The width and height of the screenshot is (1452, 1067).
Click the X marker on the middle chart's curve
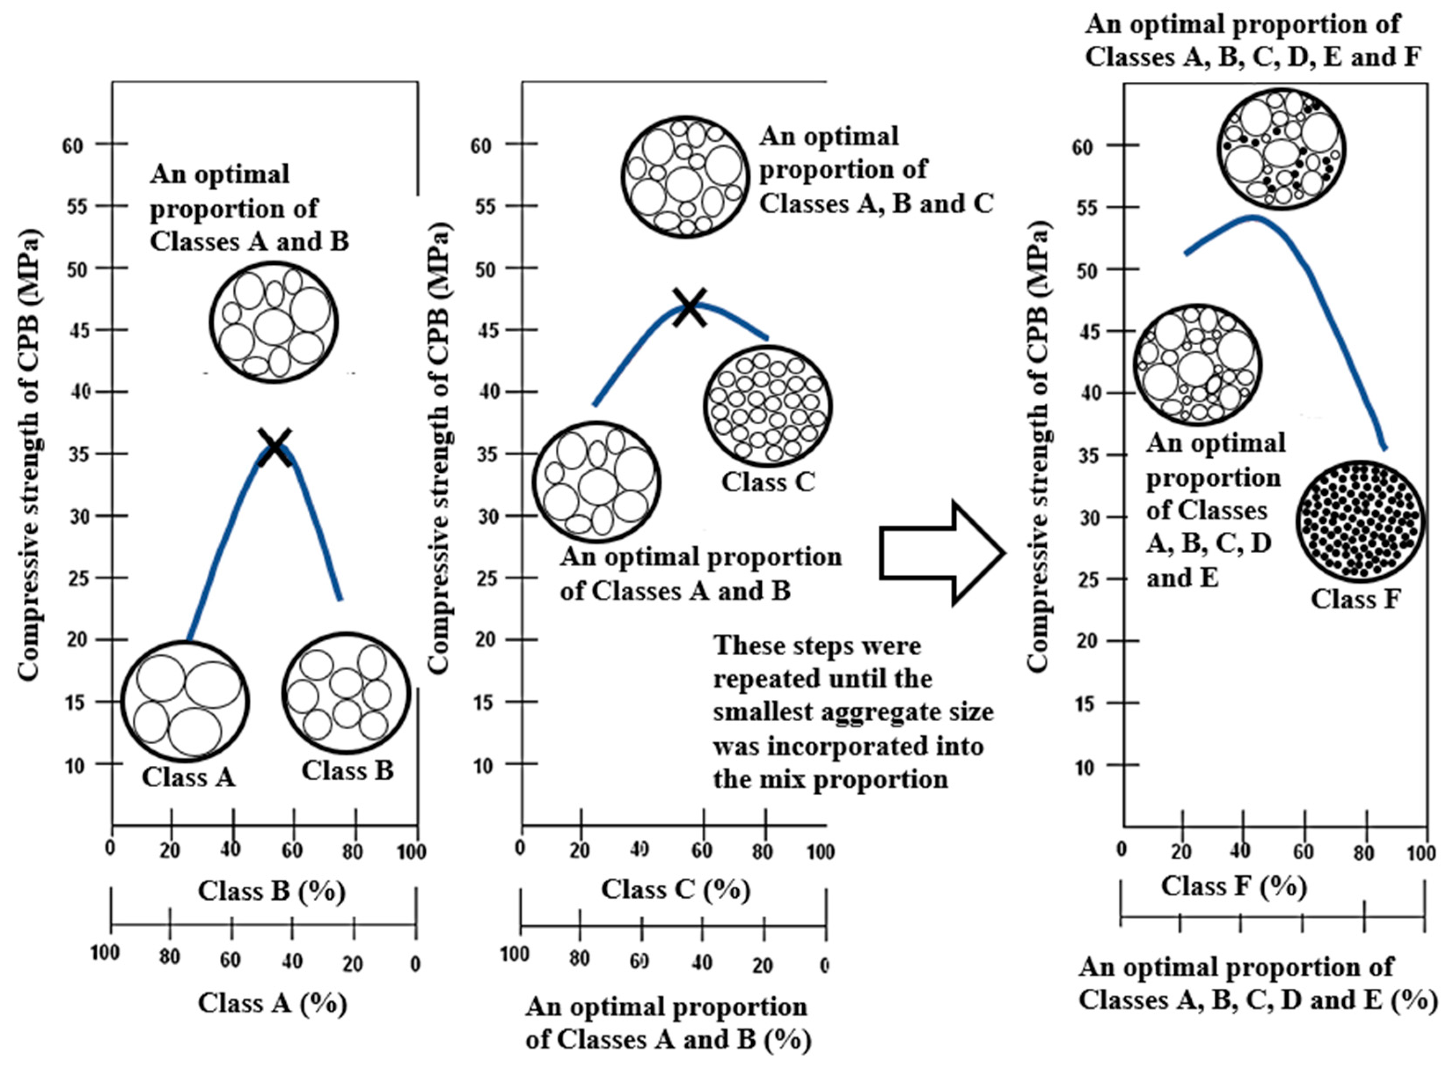690,307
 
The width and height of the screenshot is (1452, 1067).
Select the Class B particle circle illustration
347,693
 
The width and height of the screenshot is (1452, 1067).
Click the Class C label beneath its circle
768,482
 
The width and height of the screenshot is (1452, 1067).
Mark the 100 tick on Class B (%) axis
411,851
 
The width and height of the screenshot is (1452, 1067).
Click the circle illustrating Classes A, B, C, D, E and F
1281,149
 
